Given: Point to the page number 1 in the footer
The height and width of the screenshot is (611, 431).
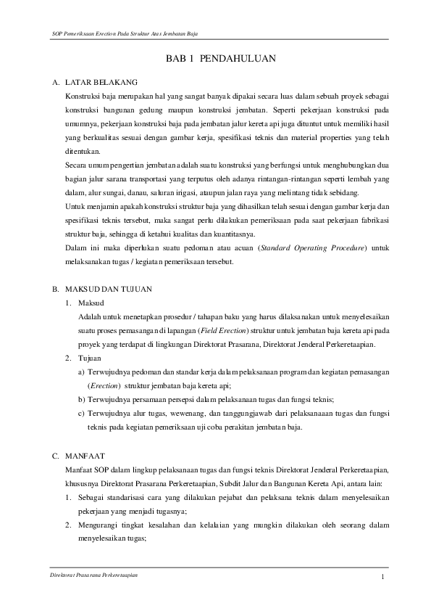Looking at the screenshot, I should coord(381,577).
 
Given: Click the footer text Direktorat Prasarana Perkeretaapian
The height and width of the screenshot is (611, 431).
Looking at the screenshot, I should coord(89,574).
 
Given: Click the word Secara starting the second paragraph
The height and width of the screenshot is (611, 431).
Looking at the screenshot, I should coord(77,165).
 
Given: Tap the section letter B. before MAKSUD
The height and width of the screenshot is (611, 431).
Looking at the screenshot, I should coord(54,268).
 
